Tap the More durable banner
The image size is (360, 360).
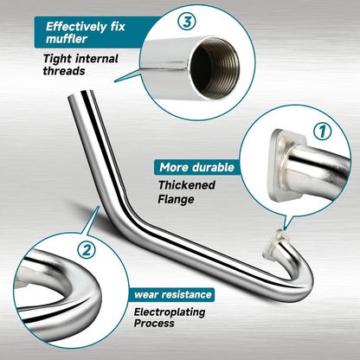(196, 167)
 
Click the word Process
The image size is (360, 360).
(156, 324)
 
